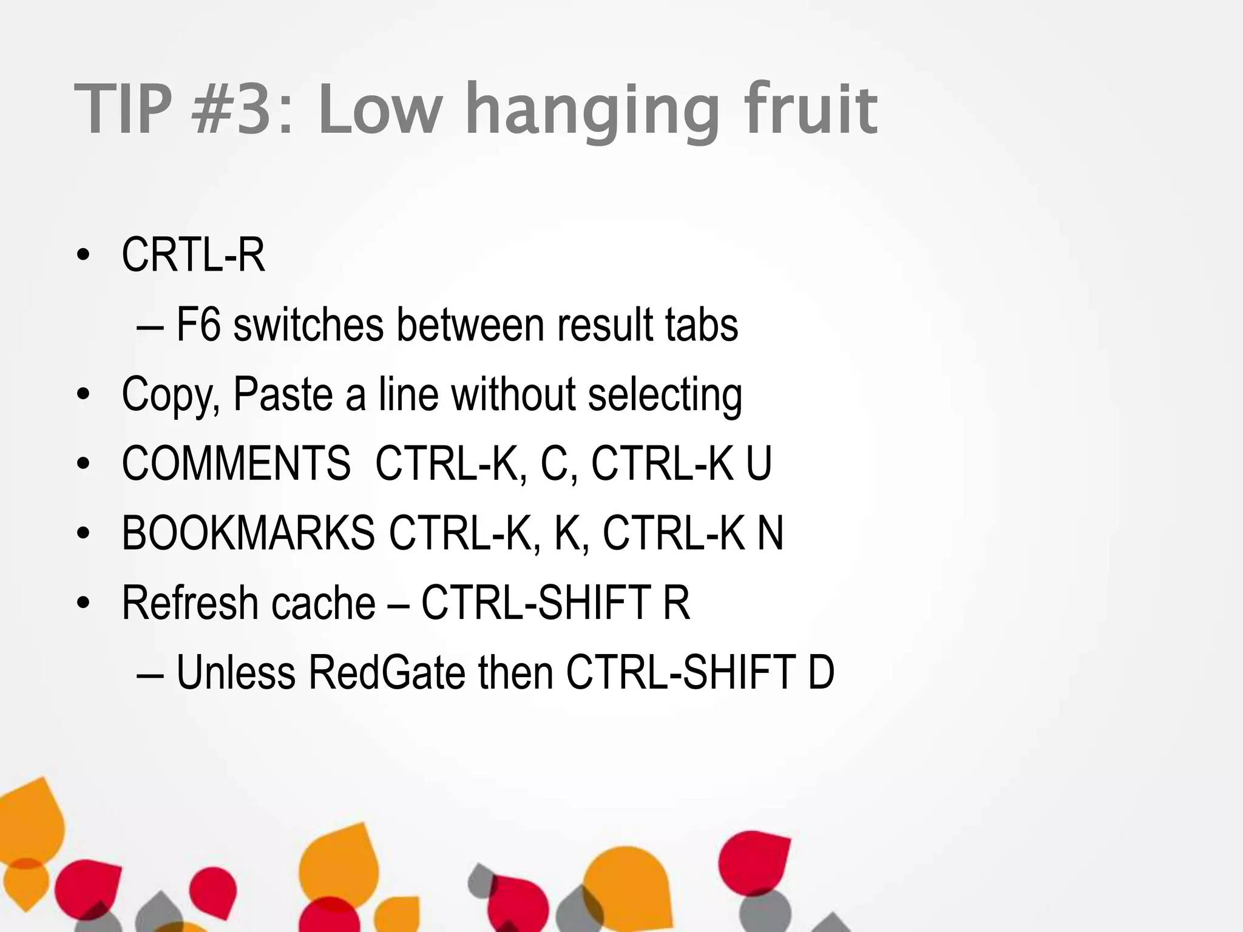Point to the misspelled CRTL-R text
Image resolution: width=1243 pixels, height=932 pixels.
click(x=193, y=255)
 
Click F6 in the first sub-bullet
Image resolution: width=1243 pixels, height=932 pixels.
click(x=198, y=325)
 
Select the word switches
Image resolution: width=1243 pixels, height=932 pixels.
click(x=308, y=325)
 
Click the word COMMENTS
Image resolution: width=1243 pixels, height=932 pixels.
click(x=236, y=464)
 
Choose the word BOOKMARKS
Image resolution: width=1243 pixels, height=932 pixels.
click(x=248, y=533)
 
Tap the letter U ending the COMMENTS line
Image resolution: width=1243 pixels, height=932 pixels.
click(x=759, y=464)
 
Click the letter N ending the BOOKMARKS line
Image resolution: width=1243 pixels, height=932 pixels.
click(x=770, y=533)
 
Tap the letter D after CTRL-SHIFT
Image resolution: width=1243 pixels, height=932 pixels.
click(x=821, y=673)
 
